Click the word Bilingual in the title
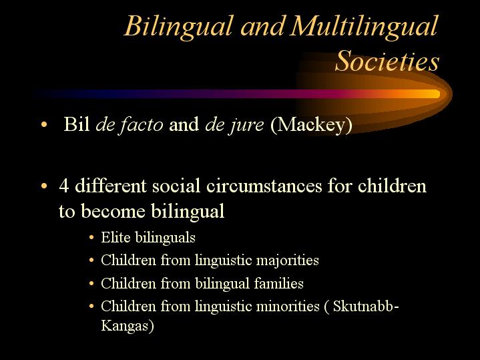tap(178, 27)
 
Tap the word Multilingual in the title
tap(365, 27)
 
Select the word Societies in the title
tap(387, 61)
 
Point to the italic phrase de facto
tap(130, 125)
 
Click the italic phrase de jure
tap(234, 125)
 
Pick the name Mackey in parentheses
tap(311, 125)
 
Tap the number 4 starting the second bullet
tap(63, 186)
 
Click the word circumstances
tap(264, 186)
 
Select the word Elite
tap(115, 237)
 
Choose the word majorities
tap(288, 260)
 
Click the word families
tap(278, 283)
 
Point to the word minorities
tap(288, 306)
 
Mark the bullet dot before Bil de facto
tap(44, 125)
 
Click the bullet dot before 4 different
tap(44, 186)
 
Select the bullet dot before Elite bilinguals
tap(91, 238)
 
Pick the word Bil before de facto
tap(77, 124)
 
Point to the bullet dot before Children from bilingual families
tap(91, 283)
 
